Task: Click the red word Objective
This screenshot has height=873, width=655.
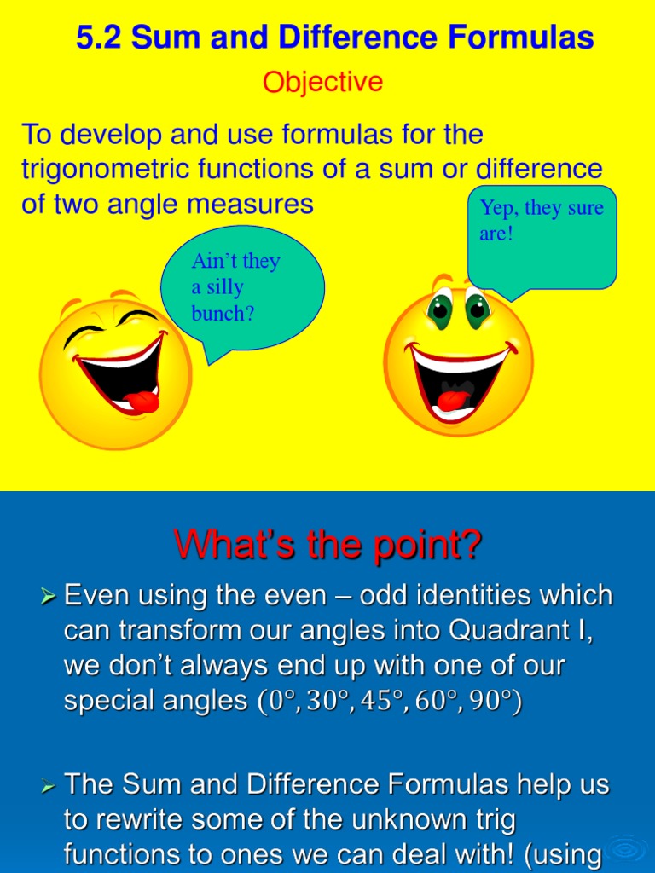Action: pyautogui.click(x=322, y=83)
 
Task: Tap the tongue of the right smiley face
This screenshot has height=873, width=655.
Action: pyautogui.click(x=452, y=398)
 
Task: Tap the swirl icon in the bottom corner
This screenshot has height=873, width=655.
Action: pyautogui.click(x=630, y=851)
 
